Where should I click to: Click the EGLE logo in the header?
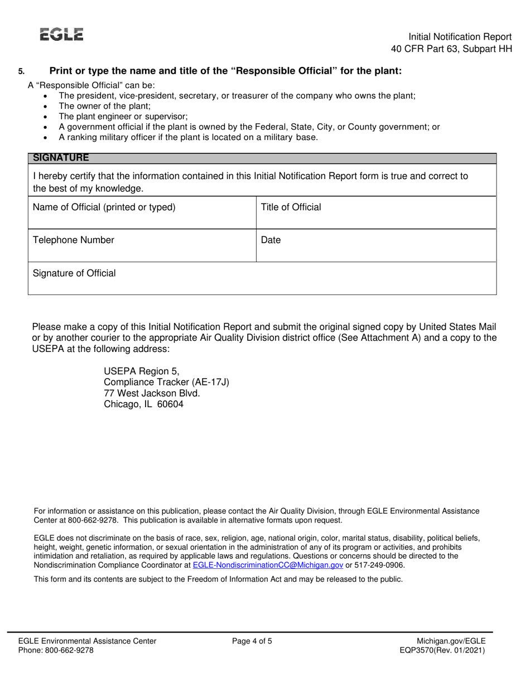click(x=61, y=35)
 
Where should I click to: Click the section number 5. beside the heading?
click(x=21, y=71)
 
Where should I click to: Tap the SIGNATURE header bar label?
click(x=61, y=158)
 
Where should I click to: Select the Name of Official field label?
click(x=104, y=207)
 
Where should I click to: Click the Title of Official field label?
click(x=291, y=207)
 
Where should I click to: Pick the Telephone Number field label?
click(x=74, y=240)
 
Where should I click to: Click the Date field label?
click(x=271, y=240)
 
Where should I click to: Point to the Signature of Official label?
click(x=75, y=273)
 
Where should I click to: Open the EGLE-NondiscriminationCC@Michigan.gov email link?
click(x=268, y=565)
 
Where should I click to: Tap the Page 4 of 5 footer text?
click(x=252, y=641)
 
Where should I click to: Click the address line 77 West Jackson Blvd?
click(x=152, y=393)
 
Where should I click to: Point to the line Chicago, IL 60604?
click(x=143, y=405)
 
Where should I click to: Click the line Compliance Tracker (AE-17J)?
click(x=166, y=382)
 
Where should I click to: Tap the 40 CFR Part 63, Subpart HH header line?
click(x=451, y=49)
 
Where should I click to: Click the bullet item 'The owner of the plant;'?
click(x=104, y=106)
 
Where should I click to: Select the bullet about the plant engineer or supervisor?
click(x=123, y=117)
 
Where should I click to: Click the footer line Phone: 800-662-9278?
click(x=56, y=650)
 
